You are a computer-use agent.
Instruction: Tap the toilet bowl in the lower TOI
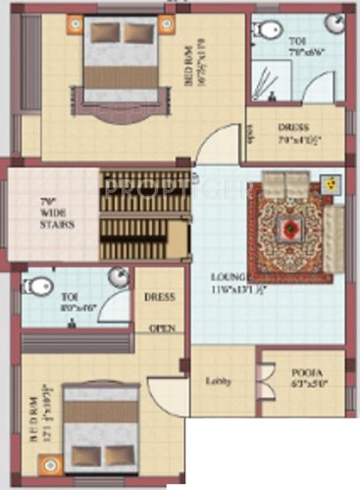[37, 286]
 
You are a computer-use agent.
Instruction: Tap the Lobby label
[217, 382]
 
